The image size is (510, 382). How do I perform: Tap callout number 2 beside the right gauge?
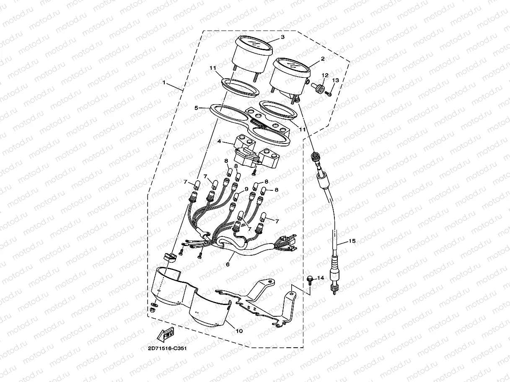[x=323, y=59]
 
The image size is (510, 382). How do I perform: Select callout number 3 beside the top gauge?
[x=282, y=37]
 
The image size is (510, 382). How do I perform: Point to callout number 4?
[x=219, y=142]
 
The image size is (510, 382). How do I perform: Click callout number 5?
[x=196, y=108]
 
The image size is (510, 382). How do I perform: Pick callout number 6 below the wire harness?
[x=228, y=264]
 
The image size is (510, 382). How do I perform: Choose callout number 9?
[x=246, y=189]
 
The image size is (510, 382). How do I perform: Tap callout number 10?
[x=239, y=331]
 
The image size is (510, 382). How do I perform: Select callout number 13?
[x=335, y=80]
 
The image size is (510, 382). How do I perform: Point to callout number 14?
[x=321, y=278]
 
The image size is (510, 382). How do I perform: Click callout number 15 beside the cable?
[x=352, y=241]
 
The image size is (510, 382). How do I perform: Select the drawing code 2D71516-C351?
[x=167, y=348]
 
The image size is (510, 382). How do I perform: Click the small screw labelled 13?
[x=329, y=95]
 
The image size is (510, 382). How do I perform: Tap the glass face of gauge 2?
[x=293, y=64]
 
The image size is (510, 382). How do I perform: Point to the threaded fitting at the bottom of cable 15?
[x=334, y=289]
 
